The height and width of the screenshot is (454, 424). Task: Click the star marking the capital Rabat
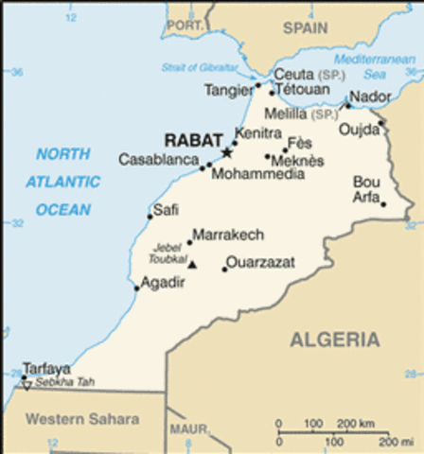tap(226, 151)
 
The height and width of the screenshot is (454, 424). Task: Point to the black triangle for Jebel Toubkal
tap(193, 264)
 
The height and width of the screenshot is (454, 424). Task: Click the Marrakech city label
tap(227, 234)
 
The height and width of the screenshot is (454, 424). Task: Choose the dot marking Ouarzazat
tap(224, 270)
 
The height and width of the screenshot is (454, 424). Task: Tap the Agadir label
tap(163, 281)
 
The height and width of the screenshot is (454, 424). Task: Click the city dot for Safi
tap(150, 217)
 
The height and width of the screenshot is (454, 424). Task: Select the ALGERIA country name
tap(335, 340)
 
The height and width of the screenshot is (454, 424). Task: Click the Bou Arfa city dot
tap(383, 203)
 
